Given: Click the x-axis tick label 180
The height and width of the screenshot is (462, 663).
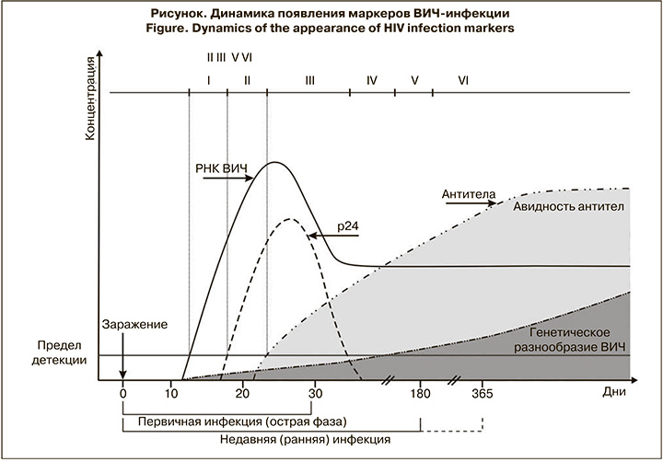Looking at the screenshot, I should (420, 393).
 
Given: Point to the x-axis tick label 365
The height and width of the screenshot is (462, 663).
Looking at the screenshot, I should (482, 393).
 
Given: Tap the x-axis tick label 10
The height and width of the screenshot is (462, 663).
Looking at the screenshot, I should (171, 393).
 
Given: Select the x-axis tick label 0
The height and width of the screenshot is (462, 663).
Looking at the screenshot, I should (122, 393).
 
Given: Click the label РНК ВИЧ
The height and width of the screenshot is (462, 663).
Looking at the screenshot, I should (222, 169).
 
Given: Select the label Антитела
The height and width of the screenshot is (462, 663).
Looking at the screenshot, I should (469, 195).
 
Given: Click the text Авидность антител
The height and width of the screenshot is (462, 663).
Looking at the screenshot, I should (567, 206).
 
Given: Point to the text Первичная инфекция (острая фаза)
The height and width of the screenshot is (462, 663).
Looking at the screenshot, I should (241, 422).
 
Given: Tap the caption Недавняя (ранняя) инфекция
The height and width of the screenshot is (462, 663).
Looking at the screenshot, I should (305, 440).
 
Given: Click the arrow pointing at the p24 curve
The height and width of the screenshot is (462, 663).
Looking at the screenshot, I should (321, 237).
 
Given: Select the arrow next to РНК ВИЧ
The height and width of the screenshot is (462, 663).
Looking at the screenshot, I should (222, 179).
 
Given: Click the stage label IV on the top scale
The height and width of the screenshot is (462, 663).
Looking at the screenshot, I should (371, 80).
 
